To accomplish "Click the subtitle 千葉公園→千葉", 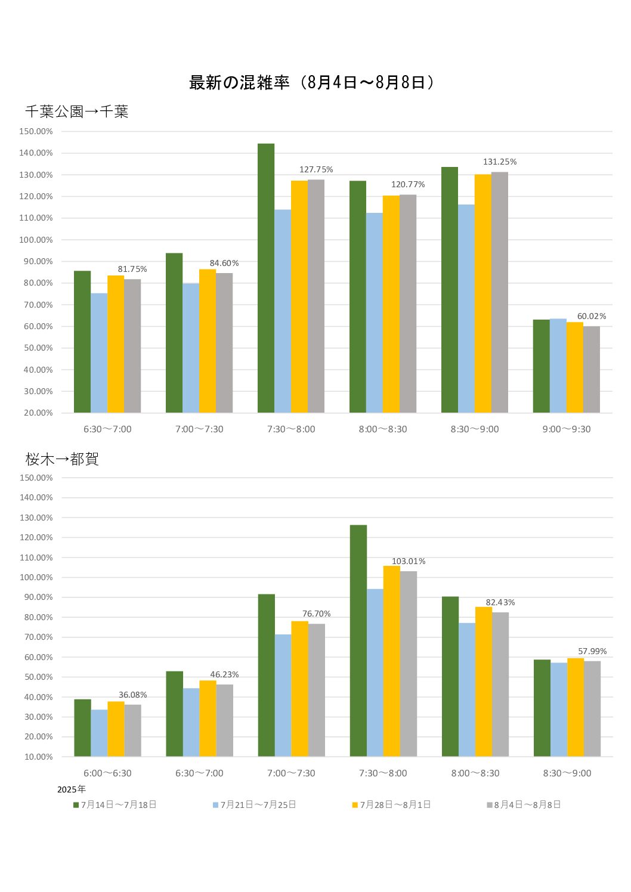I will click(x=77, y=112).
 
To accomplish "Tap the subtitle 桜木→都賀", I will click(x=62, y=459).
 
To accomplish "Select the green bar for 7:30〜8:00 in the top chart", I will click(x=266, y=278).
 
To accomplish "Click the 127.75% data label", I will click(x=316, y=170).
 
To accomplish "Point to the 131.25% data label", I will click(x=500, y=162).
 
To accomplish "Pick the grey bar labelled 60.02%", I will click(x=592, y=370).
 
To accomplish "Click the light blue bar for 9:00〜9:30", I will click(x=558, y=366).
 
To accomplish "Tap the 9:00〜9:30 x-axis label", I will click(x=567, y=429).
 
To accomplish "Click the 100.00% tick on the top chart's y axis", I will click(x=36, y=240).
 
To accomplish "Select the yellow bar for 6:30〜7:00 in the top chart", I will click(x=116, y=344).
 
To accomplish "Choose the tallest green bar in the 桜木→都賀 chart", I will click(x=358, y=640).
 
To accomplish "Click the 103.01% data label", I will click(x=409, y=562).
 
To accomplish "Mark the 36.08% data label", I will click(x=133, y=695).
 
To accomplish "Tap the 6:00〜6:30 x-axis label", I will click(x=107, y=773).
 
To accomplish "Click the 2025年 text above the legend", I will click(x=72, y=789).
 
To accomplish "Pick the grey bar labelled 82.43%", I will click(x=500, y=685).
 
